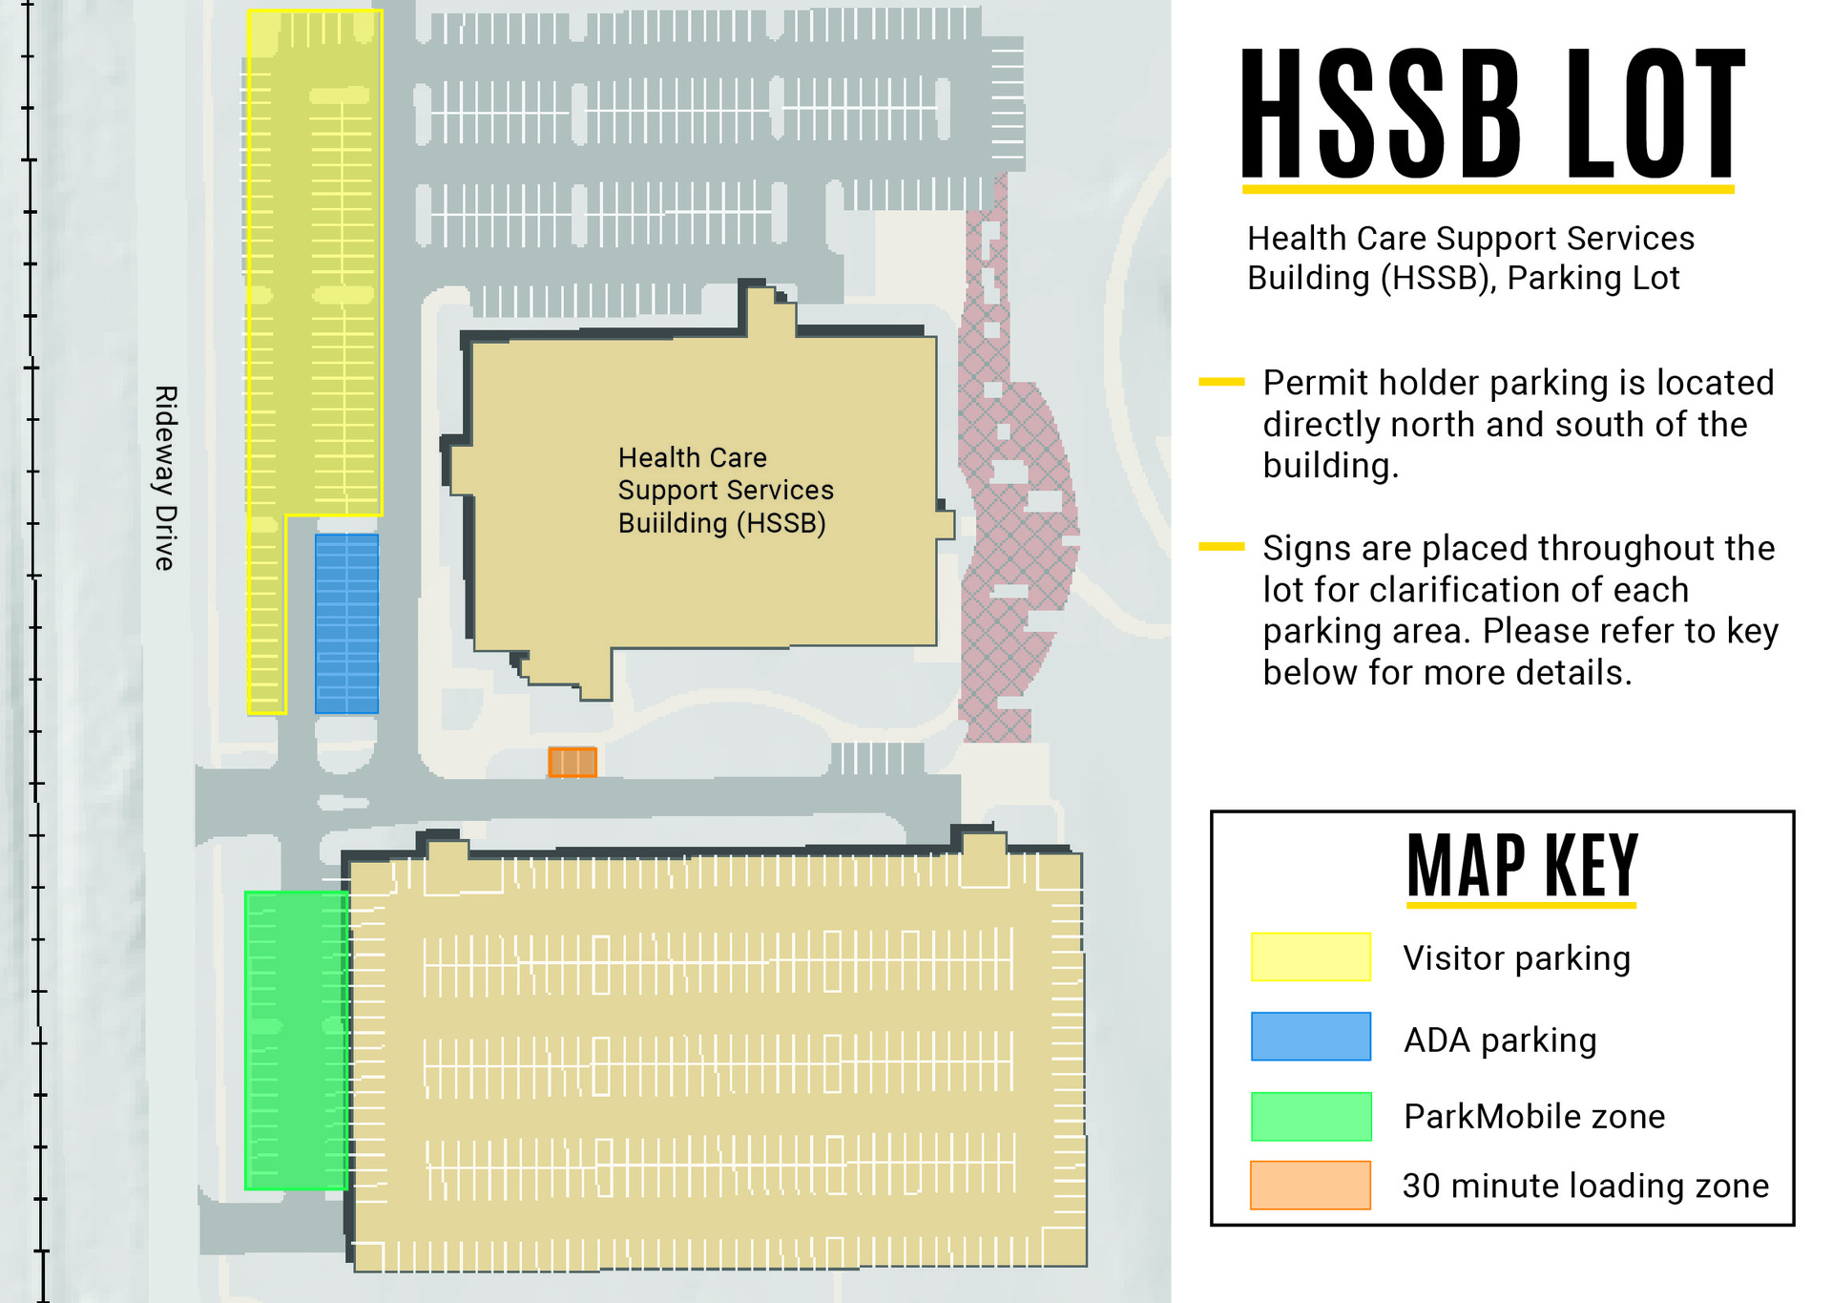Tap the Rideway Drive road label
tap(165, 478)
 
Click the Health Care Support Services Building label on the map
tap(725, 490)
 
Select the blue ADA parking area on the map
tap(346, 624)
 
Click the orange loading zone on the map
tap(572, 762)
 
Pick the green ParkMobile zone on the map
tap(296, 1040)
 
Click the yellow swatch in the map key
tap(1310, 956)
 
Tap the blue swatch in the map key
tap(1310, 1037)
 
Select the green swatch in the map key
tap(1310, 1116)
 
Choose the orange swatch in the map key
tap(1310, 1185)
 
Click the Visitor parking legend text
tap(1516, 957)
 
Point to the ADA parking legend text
tap(1500, 1040)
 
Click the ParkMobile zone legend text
tap(1534, 1116)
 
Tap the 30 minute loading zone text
tap(1585, 1186)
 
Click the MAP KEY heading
tap(1522, 866)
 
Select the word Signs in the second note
tap(1306, 549)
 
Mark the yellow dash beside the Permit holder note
tap(1221, 382)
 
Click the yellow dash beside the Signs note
tap(1221, 547)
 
